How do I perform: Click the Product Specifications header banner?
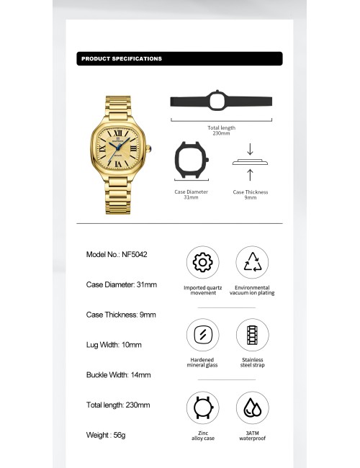pos(179,58)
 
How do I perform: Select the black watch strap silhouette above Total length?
pos(220,101)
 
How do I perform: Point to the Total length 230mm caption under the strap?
pos(221,130)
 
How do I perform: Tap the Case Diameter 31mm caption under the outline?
pos(192,194)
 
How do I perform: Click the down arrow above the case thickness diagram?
pos(249,149)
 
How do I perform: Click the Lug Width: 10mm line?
pos(114,345)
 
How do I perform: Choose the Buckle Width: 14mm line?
pos(118,375)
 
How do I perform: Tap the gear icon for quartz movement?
pos(202,262)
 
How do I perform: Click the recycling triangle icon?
pos(252,262)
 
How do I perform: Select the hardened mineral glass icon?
pos(202,335)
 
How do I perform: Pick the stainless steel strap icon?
pos(252,335)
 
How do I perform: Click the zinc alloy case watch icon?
pos(202,408)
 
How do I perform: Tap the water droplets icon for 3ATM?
pos(252,408)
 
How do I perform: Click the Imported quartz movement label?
pos(202,290)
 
